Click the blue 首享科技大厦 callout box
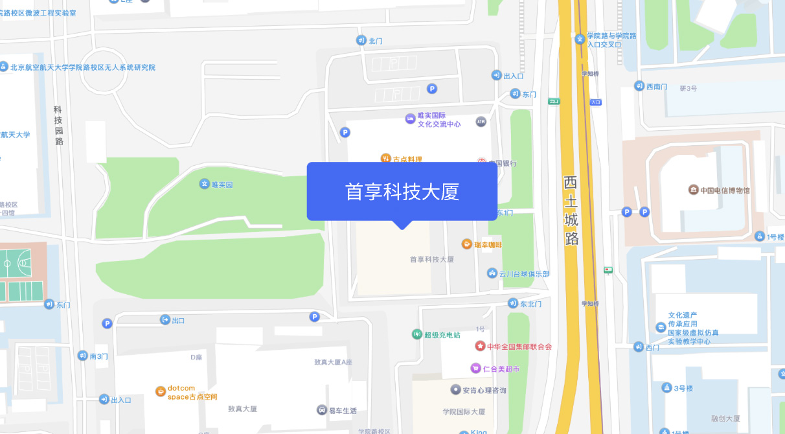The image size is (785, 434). point(402,192)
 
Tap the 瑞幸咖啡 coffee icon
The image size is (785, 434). point(466,244)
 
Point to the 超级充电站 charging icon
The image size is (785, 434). point(416,334)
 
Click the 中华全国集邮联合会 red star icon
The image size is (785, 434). point(480,347)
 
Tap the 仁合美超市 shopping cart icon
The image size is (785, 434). point(475,369)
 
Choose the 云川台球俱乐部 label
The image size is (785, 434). point(524,274)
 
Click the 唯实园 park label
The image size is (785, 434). point(222,185)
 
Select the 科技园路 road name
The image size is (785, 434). point(59,126)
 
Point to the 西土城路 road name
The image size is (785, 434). point(571,211)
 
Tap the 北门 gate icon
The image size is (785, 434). point(361,40)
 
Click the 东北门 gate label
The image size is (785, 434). point(530,303)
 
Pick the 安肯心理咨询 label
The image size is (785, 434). point(484,390)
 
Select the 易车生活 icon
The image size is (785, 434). point(322,410)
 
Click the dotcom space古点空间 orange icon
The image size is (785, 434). point(161,391)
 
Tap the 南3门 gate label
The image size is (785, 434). point(99,356)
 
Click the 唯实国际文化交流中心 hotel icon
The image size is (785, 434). point(410,119)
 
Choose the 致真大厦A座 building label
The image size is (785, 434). point(333,362)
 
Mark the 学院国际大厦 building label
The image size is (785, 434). point(464,411)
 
